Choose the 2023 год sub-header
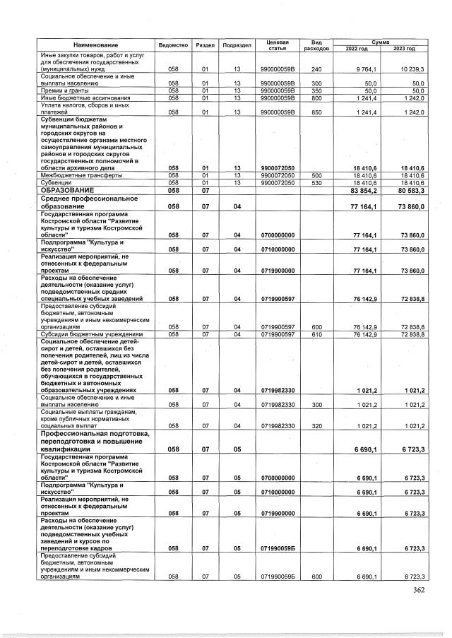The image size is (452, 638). pyautogui.click(x=404, y=48)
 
